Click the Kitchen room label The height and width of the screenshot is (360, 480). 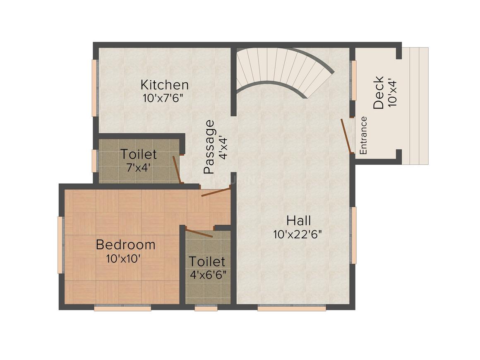point(164,84)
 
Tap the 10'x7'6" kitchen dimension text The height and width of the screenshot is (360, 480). point(163,98)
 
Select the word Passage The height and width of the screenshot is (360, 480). point(209,147)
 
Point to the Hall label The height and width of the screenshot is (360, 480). point(298,221)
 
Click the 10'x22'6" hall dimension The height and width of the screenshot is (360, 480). point(298,235)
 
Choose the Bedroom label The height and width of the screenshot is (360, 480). point(125,245)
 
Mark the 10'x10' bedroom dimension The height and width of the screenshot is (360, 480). point(123,259)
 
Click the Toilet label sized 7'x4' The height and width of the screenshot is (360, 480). point(138,154)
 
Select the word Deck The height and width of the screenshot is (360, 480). point(379,92)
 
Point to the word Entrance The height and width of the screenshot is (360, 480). point(363,135)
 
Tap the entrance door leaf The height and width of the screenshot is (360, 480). point(346,136)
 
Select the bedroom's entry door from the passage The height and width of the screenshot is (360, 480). point(216,192)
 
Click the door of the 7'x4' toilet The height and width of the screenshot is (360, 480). point(177,170)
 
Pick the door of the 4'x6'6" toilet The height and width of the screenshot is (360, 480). point(199,233)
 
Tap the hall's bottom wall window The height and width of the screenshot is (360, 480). point(291,308)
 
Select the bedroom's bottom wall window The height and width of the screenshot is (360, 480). point(122,308)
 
